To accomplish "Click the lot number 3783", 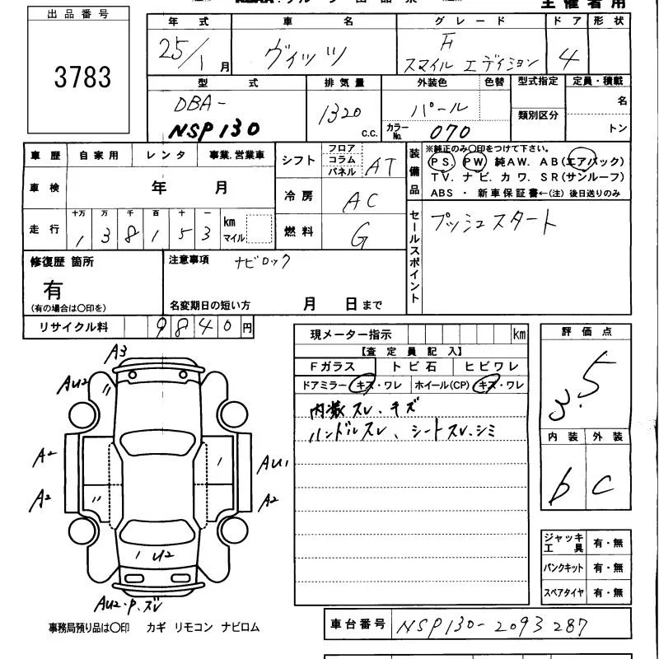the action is click(82, 78).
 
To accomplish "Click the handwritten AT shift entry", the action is click(379, 166).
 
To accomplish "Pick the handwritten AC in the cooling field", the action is click(360, 199).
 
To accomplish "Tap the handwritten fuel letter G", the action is click(359, 237).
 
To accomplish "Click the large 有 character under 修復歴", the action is click(53, 289).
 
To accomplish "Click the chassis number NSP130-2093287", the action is click(492, 625).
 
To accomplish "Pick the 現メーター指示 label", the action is click(351, 335).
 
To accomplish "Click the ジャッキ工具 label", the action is click(562, 543).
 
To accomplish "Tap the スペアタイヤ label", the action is click(563, 592).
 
